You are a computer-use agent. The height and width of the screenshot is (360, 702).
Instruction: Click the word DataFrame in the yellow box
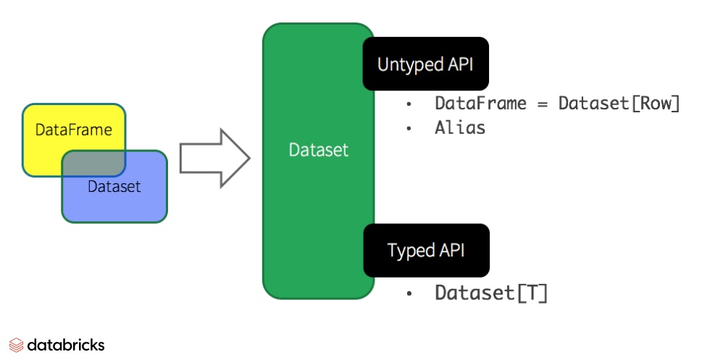click(x=74, y=130)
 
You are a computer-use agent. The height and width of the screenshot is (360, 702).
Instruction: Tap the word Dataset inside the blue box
click(x=114, y=187)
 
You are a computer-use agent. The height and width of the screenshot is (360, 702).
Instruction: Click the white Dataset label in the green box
click(x=318, y=151)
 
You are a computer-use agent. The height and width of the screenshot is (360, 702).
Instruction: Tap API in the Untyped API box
click(x=459, y=64)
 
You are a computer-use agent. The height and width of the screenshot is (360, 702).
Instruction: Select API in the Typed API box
click(x=451, y=251)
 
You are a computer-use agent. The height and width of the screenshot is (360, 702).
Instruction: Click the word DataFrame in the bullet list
click(x=480, y=104)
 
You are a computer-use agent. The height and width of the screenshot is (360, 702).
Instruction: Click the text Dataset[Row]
click(x=619, y=104)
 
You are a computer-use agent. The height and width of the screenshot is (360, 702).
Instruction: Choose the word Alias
click(x=460, y=128)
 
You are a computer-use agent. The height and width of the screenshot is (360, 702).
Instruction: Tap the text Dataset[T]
click(x=491, y=293)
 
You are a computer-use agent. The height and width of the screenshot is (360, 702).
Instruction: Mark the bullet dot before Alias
click(x=409, y=129)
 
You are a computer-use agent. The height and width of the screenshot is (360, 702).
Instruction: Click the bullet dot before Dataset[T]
click(x=409, y=294)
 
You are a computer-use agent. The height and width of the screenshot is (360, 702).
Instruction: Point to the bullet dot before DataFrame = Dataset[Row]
click(x=409, y=104)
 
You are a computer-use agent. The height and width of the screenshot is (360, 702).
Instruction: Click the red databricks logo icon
click(x=16, y=345)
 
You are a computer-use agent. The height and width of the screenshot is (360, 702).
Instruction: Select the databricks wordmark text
click(x=66, y=345)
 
